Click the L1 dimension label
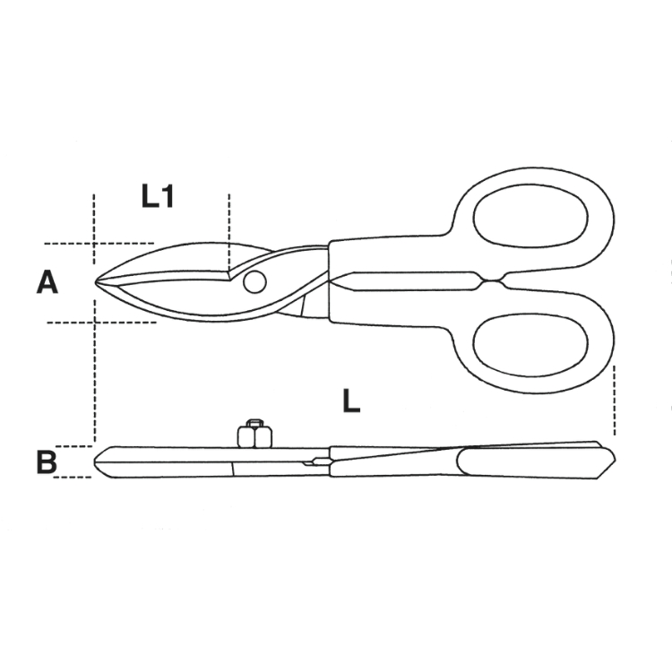pyautogui.click(x=158, y=197)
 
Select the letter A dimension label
pyautogui.click(x=47, y=283)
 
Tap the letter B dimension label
pyautogui.click(x=47, y=462)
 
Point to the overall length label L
pyautogui.click(x=351, y=401)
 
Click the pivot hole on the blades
pyautogui.click(x=254, y=282)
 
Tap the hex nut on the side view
pyautogui.click(x=254, y=434)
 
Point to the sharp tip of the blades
pyautogui.click(x=96, y=282)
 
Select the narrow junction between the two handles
pyautogui.click(x=493, y=281)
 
